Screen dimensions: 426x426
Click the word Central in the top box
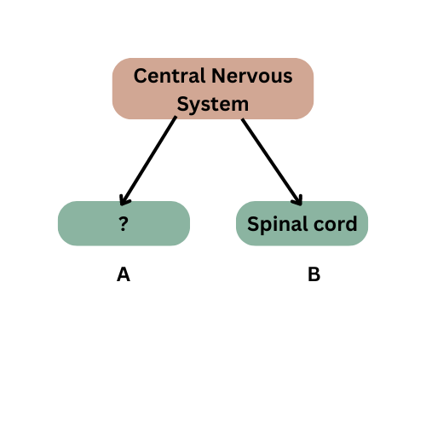pyautogui.click(x=170, y=76)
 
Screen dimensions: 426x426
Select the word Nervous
pyautogui.click(x=252, y=76)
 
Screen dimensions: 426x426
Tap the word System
pyautogui.click(x=213, y=105)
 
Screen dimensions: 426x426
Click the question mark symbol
pyautogui.click(x=124, y=224)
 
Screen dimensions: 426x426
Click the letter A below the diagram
pyautogui.click(x=124, y=274)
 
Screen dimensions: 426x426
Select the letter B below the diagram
pyautogui.click(x=314, y=274)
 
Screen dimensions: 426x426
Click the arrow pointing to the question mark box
pyautogui.click(x=148, y=161)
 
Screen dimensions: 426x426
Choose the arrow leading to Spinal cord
pyautogui.click(x=272, y=162)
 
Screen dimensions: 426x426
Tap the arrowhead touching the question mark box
pyautogui.click(x=124, y=200)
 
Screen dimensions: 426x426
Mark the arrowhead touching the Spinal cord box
pyautogui.click(x=298, y=200)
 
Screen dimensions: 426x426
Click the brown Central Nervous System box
pyautogui.click(x=213, y=89)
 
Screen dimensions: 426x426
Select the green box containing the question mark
pyautogui.click(x=124, y=223)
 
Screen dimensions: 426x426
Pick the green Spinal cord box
pyautogui.click(x=302, y=223)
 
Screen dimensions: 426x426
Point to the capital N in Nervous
pyautogui.click(x=219, y=76)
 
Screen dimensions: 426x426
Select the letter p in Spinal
pyautogui.click(x=266, y=227)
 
